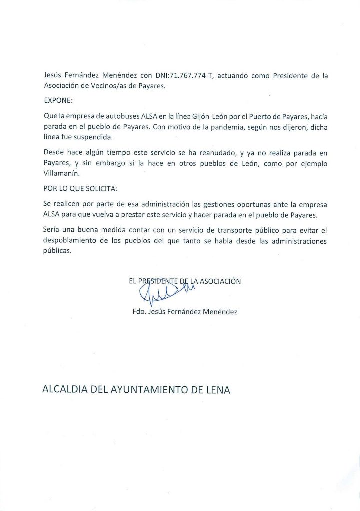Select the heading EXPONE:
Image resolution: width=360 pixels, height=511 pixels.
point(58,100)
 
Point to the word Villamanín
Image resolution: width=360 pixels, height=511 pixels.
point(62,174)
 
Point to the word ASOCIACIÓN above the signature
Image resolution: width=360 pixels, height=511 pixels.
point(220,281)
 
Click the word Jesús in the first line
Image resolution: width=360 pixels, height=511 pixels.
point(53,75)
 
